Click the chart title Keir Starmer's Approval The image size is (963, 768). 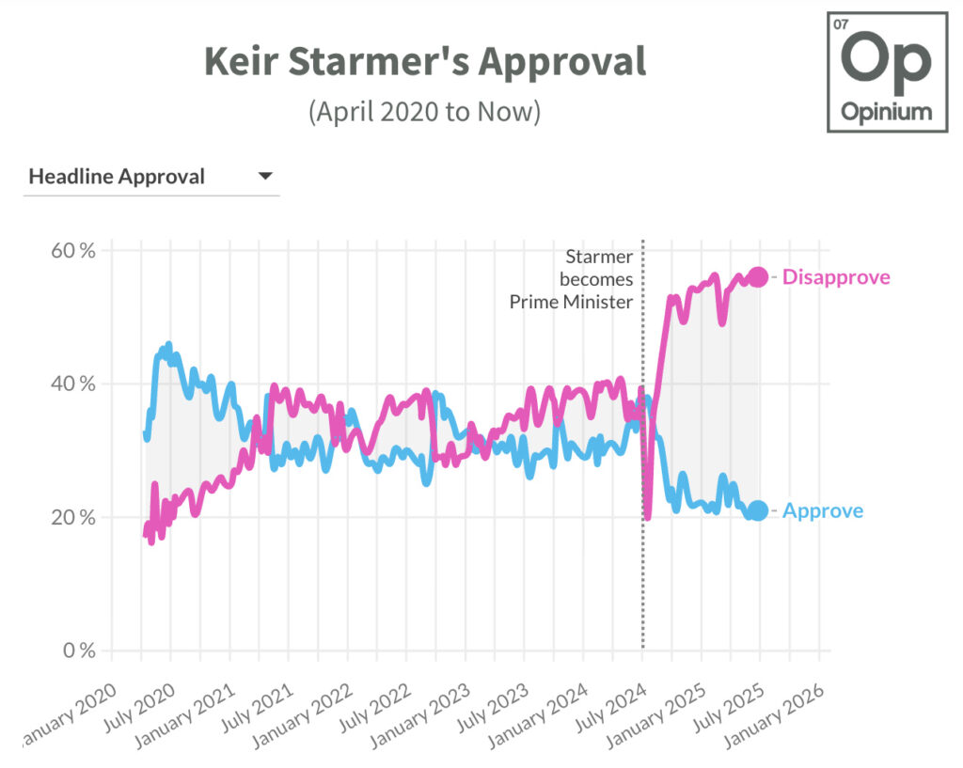click(x=425, y=62)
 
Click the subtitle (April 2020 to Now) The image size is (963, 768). click(x=425, y=111)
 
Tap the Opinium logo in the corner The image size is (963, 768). click(x=887, y=72)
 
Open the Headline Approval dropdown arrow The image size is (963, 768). click(x=265, y=176)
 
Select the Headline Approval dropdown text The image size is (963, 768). click(x=117, y=177)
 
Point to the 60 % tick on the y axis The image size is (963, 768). click(x=73, y=251)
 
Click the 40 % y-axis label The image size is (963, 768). click(x=73, y=384)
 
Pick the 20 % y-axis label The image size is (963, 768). click(x=73, y=518)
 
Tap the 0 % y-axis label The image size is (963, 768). click(x=79, y=650)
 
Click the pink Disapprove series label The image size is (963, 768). click(x=835, y=277)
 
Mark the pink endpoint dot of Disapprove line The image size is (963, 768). click(x=758, y=277)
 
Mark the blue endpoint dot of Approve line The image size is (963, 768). click(x=758, y=511)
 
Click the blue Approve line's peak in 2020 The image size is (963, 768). click(x=168, y=345)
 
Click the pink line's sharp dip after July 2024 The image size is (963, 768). click(x=648, y=516)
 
